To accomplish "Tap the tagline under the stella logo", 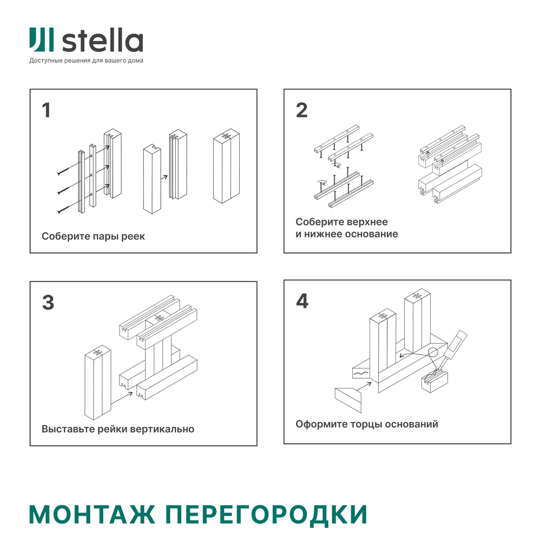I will (86, 61).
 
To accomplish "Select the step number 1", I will (46, 110).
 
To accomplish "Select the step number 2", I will (301, 110).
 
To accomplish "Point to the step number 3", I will (48, 302).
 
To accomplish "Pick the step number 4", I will (302, 301).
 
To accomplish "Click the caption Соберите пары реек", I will (93, 236).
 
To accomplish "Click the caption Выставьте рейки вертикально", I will (117, 429).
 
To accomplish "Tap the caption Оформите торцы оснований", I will (366, 424).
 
